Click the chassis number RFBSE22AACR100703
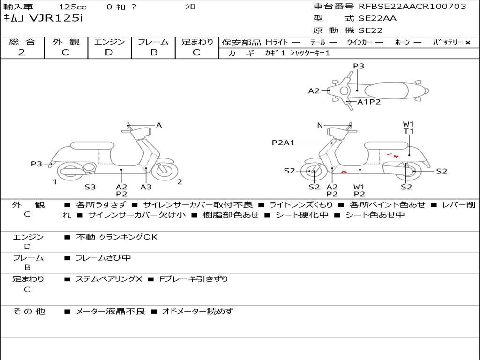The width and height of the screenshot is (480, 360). click(x=412, y=6)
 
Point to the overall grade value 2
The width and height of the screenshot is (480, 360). click(x=22, y=52)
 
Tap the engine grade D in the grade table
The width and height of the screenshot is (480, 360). click(x=109, y=52)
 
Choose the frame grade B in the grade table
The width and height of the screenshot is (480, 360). click(x=153, y=52)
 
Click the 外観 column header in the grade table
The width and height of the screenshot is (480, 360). click(x=66, y=42)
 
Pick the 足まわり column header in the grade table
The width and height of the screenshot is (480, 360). click(x=197, y=42)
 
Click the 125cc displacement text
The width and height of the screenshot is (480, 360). click(x=73, y=7)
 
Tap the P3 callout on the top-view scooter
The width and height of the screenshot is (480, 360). click(x=359, y=66)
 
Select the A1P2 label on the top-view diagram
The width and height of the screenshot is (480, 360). click(x=369, y=102)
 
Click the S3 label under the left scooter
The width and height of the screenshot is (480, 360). click(x=90, y=187)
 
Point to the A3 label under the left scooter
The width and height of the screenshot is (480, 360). click(x=146, y=187)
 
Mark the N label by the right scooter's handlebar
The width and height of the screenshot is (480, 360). click(x=320, y=125)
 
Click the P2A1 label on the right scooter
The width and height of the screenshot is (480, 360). click(x=283, y=142)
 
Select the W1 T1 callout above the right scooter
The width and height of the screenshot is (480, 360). click(x=409, y=127)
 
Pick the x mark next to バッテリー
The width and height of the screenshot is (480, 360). click(x=467, y=42)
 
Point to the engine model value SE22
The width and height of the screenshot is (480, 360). click(x=370, y=30)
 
